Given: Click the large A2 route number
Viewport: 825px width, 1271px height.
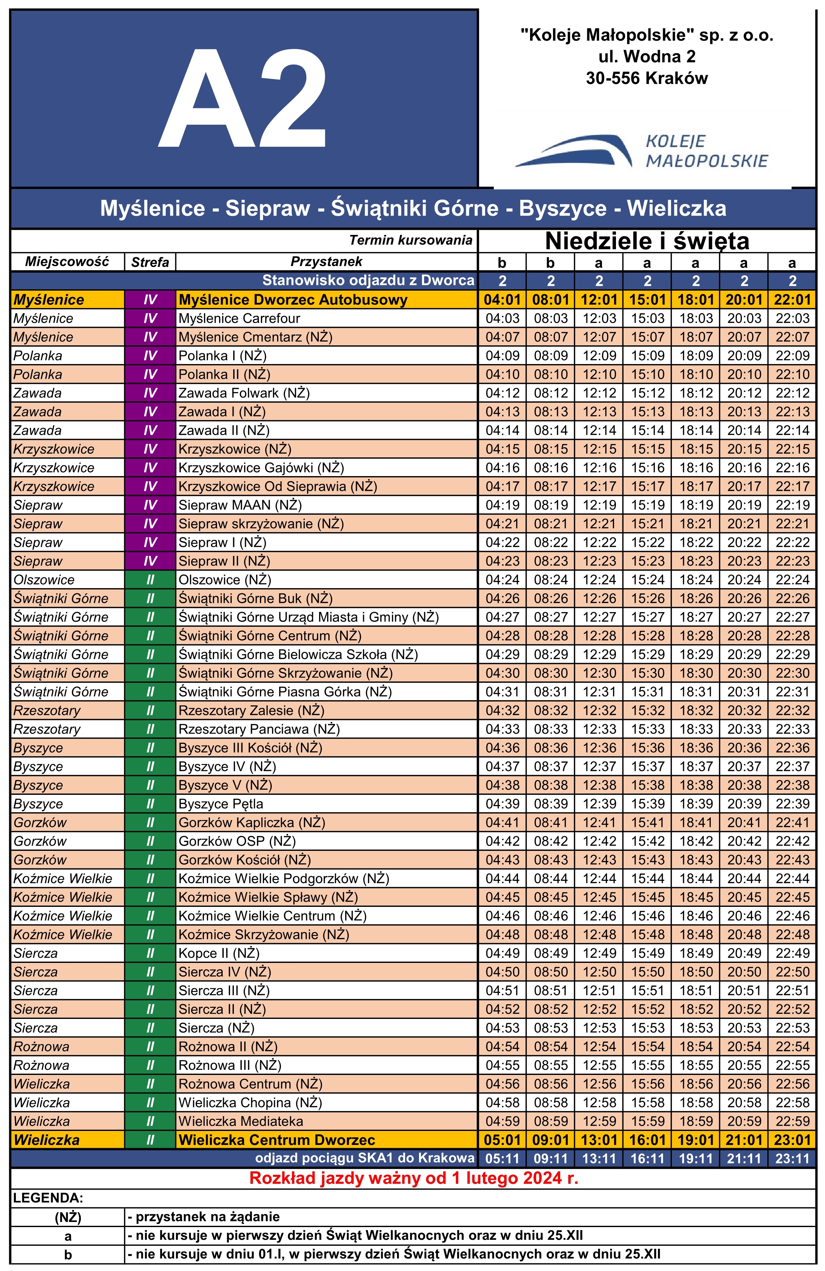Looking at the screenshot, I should click(243, 99).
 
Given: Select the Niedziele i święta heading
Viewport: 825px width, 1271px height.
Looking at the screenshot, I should click(647, 241).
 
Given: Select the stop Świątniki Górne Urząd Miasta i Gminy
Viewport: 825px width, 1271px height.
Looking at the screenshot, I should click(308, 617).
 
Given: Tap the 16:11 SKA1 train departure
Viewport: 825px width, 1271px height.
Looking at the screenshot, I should click(647, 1159).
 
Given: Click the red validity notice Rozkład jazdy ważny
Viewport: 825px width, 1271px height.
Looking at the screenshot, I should click(414, 1178).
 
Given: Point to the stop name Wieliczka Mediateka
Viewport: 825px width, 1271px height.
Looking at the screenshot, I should click(241, 1121).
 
